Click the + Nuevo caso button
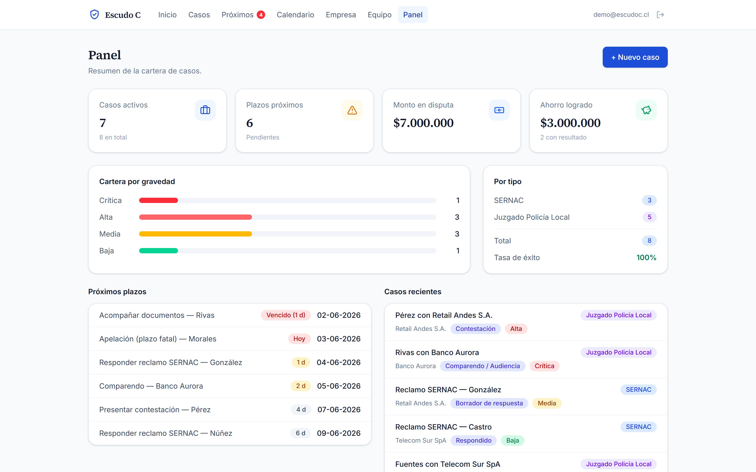click(x=635, y=57)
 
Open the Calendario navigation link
click(x=295, y=15)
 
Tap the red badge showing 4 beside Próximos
click(x=261, y=15)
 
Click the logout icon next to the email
click(x=660, y=15)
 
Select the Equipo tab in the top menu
click(x=379, y=15)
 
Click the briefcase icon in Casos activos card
click(x=205, y=110)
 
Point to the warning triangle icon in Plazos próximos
click(x=352, y=110)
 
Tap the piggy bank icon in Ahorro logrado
click(x=646, y=110)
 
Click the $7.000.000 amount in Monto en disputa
click(x=423, y=123)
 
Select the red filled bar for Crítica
click(x=158, y=200)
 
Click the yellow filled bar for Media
click(x=195, y=234)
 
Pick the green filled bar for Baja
click(x=158, y=251)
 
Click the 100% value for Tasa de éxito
click(x=646, y=258)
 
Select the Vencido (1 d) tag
click(x=286, y=315)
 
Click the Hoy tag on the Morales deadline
click(x=299, y=339)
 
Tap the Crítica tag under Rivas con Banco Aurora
click(x=544, y=366)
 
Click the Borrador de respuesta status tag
click(x=489, y=403)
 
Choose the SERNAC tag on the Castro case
click(x=638, y=427)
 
